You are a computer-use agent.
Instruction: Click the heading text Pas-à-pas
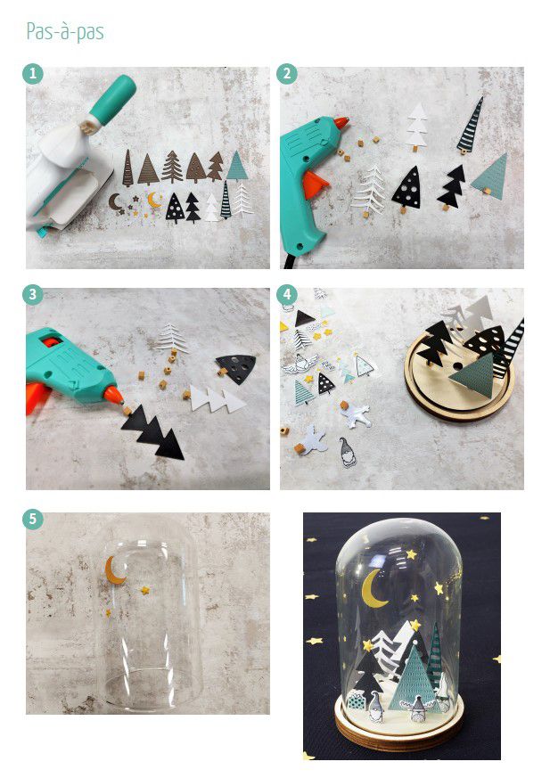pos(65,32)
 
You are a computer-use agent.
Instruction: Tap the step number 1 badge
pos(33,74)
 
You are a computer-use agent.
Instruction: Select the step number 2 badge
pos(287,74)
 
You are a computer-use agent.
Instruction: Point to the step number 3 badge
pos(33,295)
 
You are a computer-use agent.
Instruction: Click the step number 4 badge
pos(287,295)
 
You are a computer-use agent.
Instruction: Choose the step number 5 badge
pos(33,519)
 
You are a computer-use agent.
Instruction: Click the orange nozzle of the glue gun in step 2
pos(341,122)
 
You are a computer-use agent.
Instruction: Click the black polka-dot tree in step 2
pos(407,189)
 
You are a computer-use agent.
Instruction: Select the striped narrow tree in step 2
pos(470,126)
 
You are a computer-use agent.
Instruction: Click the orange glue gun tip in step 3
pos(113,396)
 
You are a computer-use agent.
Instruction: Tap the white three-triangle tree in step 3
pos(217,399)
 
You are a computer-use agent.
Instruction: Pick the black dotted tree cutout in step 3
pos(236,368)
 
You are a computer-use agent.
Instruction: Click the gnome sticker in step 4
pos(348,452)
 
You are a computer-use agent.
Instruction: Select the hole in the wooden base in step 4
pos(457,366)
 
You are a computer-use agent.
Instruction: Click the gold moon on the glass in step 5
pos(114,570)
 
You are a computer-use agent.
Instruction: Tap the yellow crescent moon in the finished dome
pos(373,589)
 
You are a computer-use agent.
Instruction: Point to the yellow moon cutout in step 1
pos(154,200)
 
